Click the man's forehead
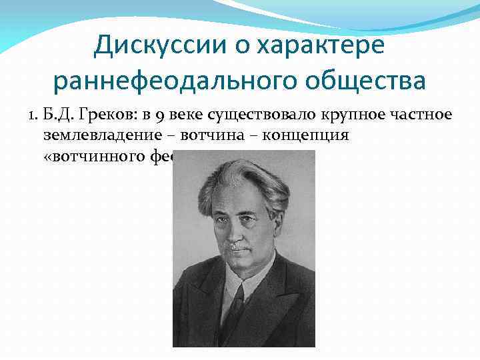coord(237,197)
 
